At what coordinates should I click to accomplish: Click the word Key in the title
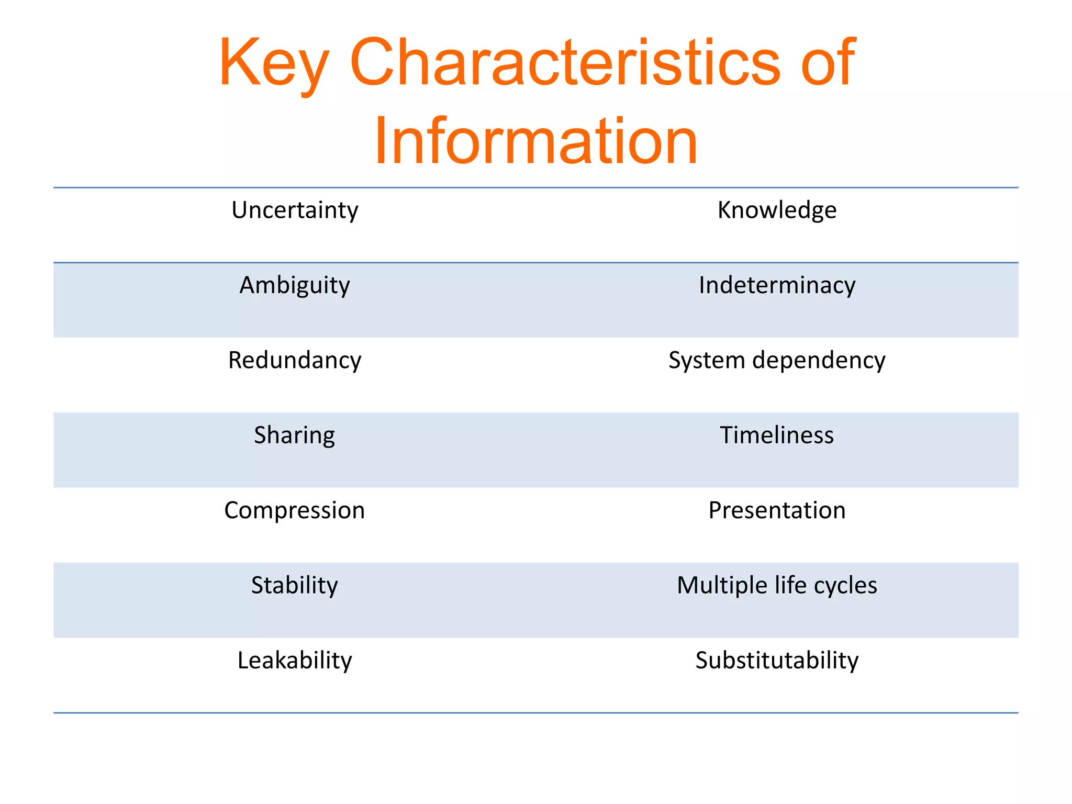point(274,63)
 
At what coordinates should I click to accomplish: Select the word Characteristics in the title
point(565,63)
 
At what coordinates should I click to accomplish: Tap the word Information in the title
point(535,141)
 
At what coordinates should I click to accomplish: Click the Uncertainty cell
point(295,210)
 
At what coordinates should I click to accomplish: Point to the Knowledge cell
point(777,210)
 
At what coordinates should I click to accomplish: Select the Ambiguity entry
point(295,286)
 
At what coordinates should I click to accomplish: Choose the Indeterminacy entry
point(777,285)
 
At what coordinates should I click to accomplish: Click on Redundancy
point(295,361)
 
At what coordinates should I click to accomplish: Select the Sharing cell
point(295,435)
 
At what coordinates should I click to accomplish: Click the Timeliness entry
point(777,435)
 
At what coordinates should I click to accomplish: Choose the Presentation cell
point(777,510)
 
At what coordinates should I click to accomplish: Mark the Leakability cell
point(295,661)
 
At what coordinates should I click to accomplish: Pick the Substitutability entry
point(777,661)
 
